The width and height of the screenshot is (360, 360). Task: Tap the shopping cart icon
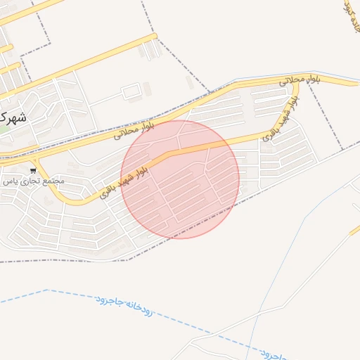click(33, 170)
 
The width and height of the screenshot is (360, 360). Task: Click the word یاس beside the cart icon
click(8, 181)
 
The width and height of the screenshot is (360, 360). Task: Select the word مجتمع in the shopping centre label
click(53, 181)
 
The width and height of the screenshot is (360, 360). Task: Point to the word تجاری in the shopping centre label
click(29, 181)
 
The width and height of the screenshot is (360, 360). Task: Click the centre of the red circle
click(180, 179)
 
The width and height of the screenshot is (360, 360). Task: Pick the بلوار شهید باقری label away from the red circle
click(279, 119)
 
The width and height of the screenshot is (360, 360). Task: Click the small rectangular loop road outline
click(131, 91)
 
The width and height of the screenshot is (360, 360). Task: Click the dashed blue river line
click(70, 294)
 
